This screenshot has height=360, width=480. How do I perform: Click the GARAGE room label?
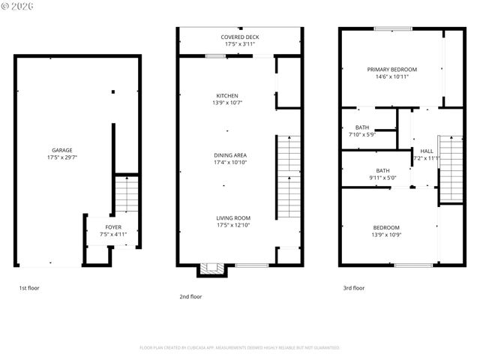pyautogui.click(x=61, y=150)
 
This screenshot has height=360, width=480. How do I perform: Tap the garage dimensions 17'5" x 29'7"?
pyautogui.click(x=61, y=157)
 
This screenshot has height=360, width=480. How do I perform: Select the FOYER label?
pyautogui.click(x=112, y=226)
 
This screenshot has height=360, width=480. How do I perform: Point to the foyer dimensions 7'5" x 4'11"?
pyautogui.click(x=112, y=234)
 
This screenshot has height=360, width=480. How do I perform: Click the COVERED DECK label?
pyautogui.click(x=240, y=37)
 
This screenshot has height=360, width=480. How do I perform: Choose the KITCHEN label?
pyautogui.click(x=226, y=95)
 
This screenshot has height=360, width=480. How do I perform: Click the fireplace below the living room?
pyautogui.click(x=213, y=269)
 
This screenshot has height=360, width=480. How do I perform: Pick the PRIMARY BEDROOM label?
pyautogui.click(x=391, y=69)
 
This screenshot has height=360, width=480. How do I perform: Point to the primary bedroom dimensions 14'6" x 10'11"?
pyautogui.click(x=391, y=76)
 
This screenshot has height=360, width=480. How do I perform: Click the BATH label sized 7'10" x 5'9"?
pyautogui.click(x=362, y=127)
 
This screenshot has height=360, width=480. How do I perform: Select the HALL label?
pyautogui.click(x=426, y=151)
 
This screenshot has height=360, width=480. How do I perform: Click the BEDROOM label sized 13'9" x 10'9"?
pyautogui.click(x=386, y=227)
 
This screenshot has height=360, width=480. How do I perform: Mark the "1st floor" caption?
pyautogui.click(x=29, y=287)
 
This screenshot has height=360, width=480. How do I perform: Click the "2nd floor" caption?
pyautogui.click(x=190, y=296)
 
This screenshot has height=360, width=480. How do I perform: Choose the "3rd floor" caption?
pyautogui.click(x=353, y=287)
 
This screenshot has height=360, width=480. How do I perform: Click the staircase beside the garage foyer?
pyautogui.click(x=127, y=196)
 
